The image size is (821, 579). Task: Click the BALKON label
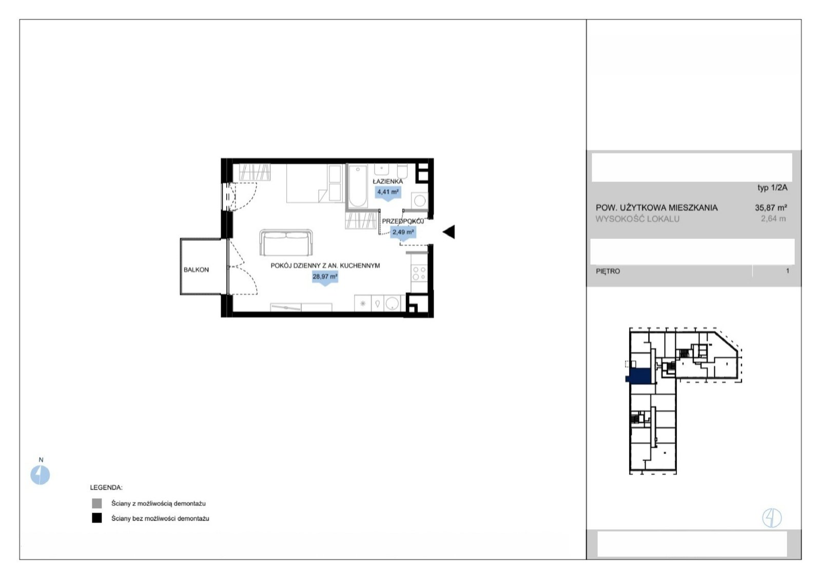[196, 270]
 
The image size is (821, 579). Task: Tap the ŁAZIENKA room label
[388, 182]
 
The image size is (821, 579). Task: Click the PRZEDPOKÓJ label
[403, 221]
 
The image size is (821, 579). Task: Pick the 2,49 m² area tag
[403, 233]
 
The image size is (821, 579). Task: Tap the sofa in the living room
[286, 243]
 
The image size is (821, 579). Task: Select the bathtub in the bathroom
[358, 187]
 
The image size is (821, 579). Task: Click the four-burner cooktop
[419, 274]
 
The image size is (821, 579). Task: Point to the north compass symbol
[40, 475]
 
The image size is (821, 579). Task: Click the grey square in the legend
[97, 504]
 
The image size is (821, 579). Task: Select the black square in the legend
[97, 518]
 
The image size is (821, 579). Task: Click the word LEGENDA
[106, 488]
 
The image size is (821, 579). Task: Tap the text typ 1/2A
[772, 188]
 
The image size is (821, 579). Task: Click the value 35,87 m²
[771, 207]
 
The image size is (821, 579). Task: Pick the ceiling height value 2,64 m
[773, 219]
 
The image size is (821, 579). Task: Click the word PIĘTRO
[608, 272]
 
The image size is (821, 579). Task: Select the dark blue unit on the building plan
[639, 376]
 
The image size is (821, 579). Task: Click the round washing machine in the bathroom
[420, 201]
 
